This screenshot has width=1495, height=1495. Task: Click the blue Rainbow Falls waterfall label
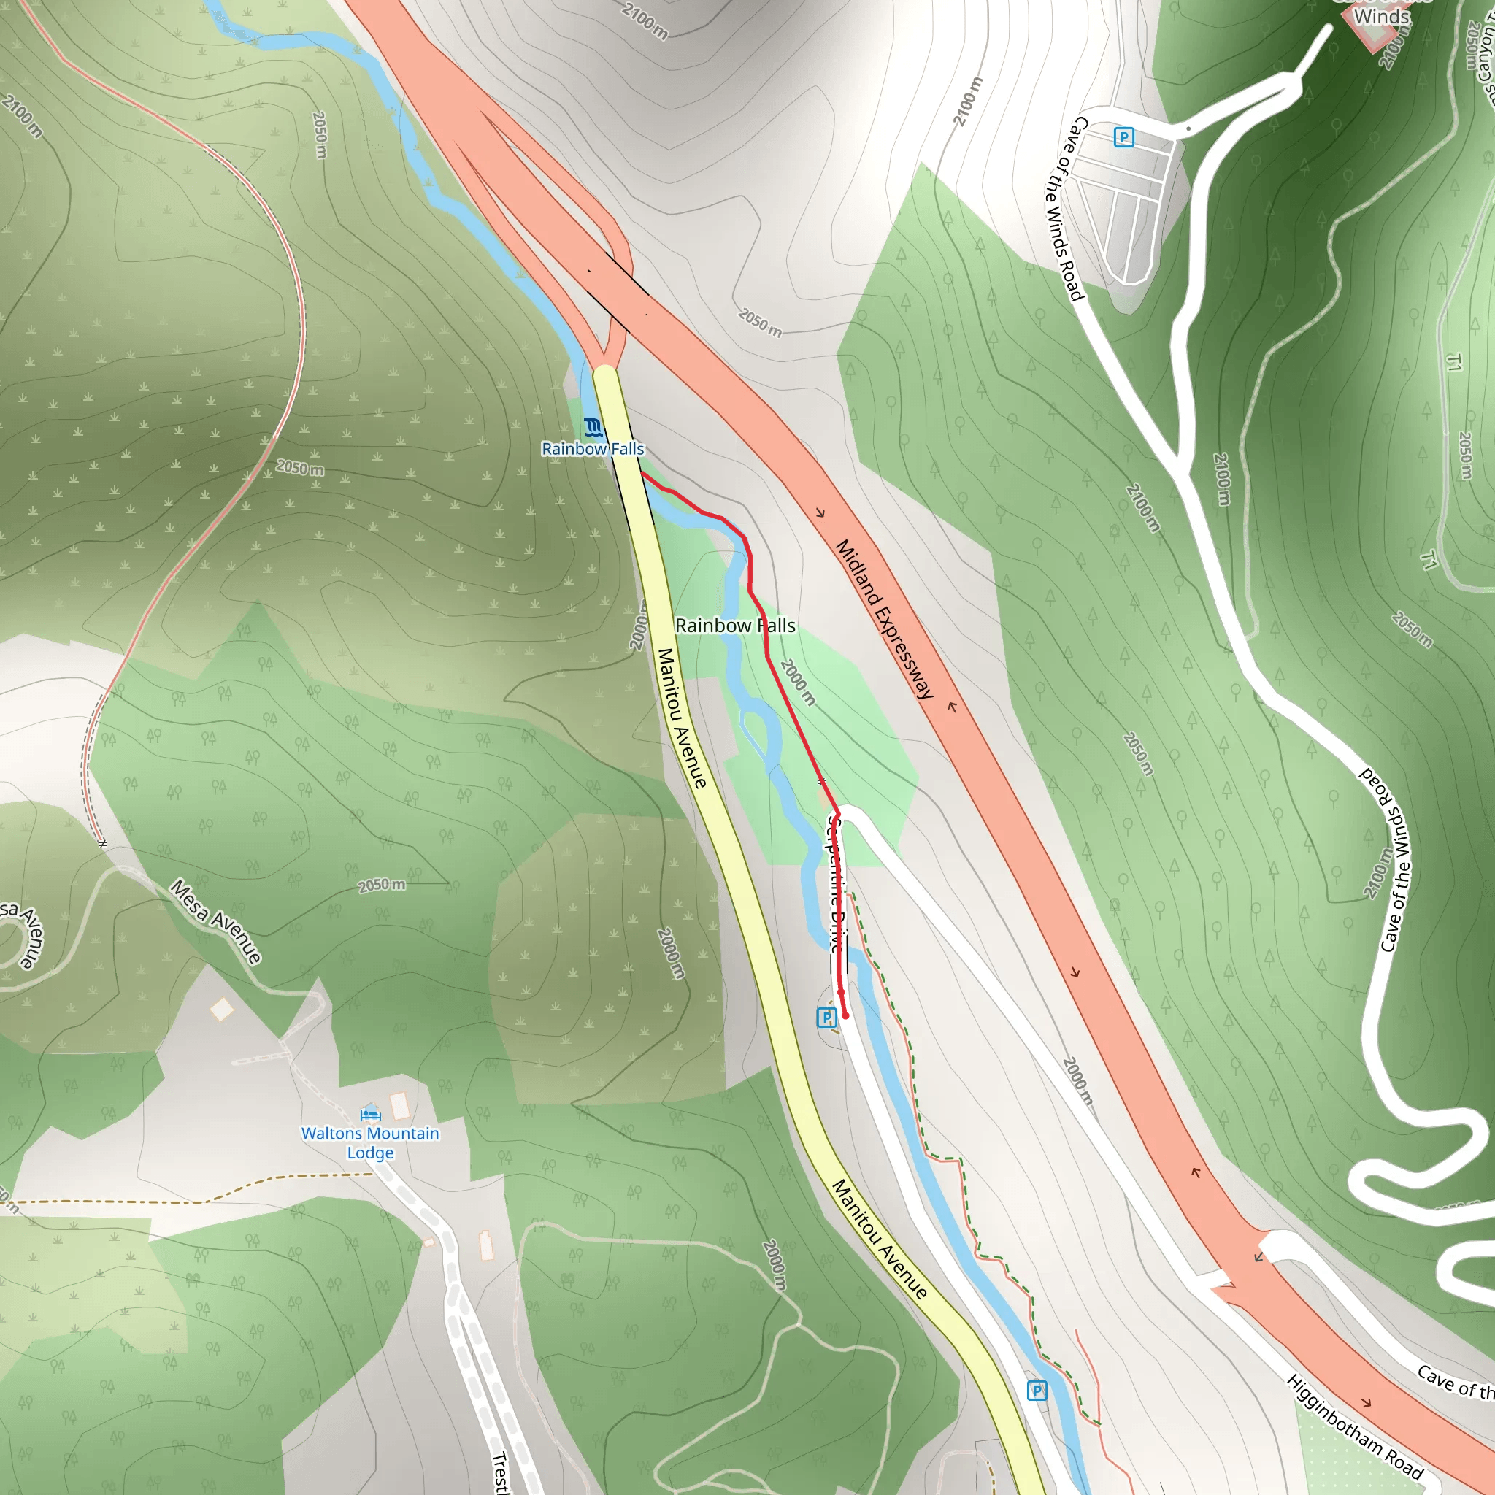593,449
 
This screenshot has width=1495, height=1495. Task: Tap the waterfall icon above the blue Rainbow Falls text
593,427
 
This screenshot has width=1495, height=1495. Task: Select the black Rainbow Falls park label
735,626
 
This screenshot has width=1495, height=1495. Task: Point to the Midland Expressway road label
885,619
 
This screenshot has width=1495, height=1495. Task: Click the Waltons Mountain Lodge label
370,1143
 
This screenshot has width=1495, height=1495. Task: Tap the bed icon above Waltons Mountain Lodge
371,1114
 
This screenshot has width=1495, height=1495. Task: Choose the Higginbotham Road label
1354,1426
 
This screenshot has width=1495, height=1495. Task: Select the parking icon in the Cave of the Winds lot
1123,138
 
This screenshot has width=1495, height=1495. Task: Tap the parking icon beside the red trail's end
826,1018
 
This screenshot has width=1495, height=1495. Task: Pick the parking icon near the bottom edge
1037,1391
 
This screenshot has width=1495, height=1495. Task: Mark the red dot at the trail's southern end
845,1015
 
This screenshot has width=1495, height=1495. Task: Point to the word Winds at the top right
1382,16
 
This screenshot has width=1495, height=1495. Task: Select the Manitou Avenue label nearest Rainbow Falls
682,718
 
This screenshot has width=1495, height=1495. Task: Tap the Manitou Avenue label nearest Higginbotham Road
879,1238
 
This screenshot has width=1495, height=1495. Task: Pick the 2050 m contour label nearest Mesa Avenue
382,885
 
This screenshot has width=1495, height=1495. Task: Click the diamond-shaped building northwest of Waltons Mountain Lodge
222,1009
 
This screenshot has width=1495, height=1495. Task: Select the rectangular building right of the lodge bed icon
400,1106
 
